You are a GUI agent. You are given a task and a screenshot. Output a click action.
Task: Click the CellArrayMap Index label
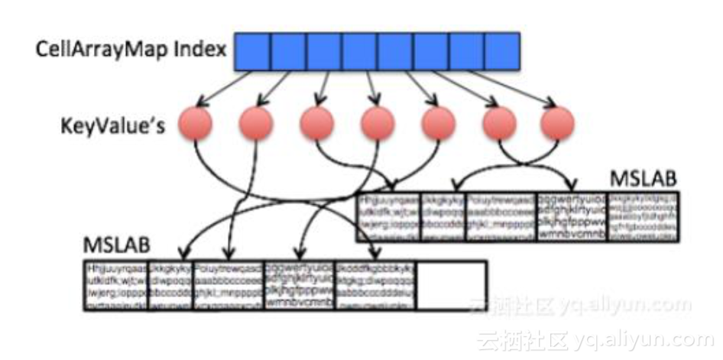[131, 51]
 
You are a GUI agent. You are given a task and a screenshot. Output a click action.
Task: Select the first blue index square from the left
[252, 51]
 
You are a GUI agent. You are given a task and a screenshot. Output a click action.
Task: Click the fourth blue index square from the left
[359, 51]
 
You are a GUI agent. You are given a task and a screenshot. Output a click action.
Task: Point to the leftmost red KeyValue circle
[195, 123]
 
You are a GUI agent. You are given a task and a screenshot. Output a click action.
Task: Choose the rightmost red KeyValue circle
[557, 123]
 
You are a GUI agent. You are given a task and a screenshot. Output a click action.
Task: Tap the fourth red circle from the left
[378, 123]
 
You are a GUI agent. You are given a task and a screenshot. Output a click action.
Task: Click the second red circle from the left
[256, 123]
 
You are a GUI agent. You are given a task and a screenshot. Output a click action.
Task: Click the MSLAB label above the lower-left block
[117, 249]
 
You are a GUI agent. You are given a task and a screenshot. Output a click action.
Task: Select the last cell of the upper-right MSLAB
[642, 216]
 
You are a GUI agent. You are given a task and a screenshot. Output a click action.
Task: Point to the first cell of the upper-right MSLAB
[387, 216]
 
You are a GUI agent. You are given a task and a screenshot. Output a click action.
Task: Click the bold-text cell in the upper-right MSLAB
[572, 216]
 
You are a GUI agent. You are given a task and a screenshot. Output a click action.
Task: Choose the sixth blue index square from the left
[430, 51]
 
